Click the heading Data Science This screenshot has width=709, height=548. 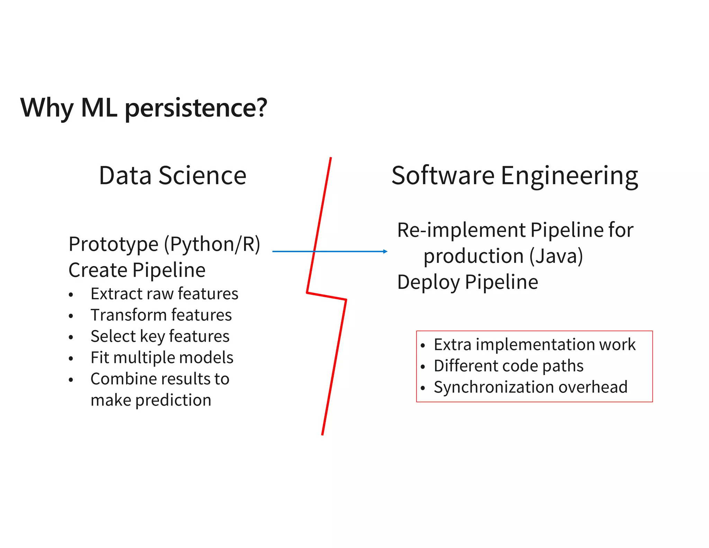tap(172, 176)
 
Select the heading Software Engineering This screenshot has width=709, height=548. tap(515, 176)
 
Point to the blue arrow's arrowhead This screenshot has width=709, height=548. tap(385, 251)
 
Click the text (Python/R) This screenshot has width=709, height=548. tap(212, 244)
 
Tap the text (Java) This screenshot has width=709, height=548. tap(556, 256)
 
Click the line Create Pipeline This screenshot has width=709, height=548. tap(137, 270)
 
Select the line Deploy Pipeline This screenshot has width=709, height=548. tap(467, 282)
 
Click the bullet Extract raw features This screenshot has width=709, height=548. tap(164, 294)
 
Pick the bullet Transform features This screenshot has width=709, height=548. tap(161, 315)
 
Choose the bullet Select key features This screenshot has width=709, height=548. tap(160, 336)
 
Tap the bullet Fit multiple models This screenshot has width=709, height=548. tap(162, 357)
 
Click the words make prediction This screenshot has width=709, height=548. tap(151, 400)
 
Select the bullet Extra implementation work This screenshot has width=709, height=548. tap(535, 345)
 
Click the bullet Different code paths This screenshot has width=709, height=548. tap(509, 366)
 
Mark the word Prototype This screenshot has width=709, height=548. tap(114, 244)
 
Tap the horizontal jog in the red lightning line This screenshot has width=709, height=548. tap(326, 296)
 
